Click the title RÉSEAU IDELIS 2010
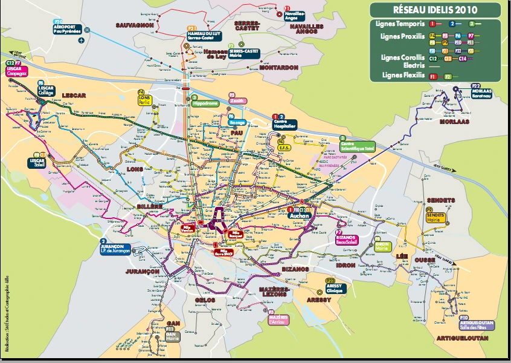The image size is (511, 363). (x=435, y=10)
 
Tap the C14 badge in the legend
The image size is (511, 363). (x=463, y=59)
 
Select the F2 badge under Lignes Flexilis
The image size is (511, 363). (x=448, y=76)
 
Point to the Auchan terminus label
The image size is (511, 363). (x=299, y=215)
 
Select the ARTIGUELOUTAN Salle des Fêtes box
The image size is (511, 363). (x=477, y=325)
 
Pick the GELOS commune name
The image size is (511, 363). (x=205, y=300)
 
